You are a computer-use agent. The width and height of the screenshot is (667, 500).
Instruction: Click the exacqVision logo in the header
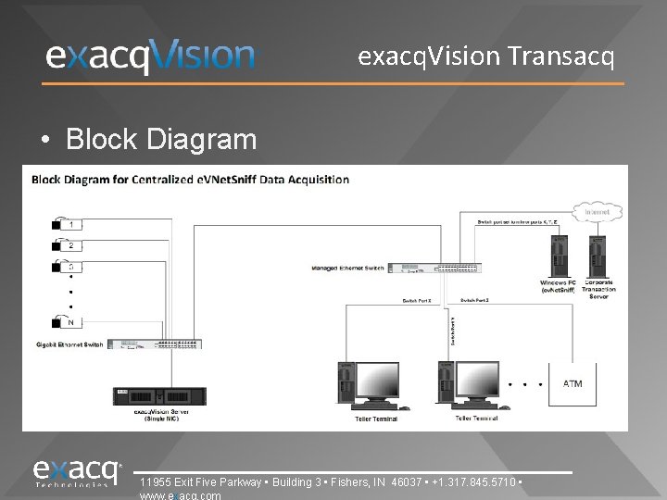[150, 56]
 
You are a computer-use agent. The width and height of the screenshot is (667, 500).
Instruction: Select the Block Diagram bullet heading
[161, 140]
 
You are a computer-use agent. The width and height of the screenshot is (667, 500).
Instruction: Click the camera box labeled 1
[70, 224]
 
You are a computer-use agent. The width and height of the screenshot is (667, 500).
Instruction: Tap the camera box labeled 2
[70, 245]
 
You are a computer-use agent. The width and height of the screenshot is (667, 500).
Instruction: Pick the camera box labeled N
[70, 322]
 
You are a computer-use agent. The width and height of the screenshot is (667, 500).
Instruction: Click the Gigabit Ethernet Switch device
[156, 344]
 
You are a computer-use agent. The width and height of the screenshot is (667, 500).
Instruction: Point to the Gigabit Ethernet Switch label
[69, 344]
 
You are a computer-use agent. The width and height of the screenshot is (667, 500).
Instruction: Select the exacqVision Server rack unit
[157, 396]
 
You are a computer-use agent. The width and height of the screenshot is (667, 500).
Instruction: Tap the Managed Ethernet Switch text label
[348, 269]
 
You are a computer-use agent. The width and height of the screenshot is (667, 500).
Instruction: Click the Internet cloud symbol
[597, 212]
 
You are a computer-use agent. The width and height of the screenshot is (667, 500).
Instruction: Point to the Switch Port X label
[417, 301]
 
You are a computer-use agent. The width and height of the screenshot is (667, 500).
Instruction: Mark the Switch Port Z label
[474, 301]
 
